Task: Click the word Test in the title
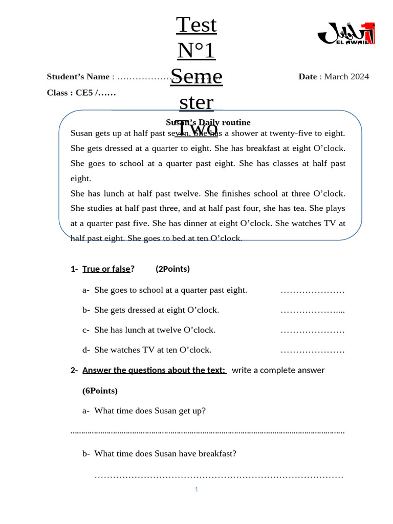coord(196,25)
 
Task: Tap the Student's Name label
coord(78,77)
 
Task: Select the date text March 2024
coord(346,77)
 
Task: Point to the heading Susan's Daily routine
coord(208,122)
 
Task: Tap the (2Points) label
coord(172,269)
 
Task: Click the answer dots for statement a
coord(312,291)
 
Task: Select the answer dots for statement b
coord(312,311)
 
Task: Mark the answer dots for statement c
coord(312,331)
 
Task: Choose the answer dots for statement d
coord(312,351)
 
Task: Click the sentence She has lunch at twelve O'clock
coord(155,330)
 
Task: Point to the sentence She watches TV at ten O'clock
coord(152,350)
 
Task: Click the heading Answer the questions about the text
coord(154,370)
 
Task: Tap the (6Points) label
coord(100,391)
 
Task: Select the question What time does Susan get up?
coord(150,411)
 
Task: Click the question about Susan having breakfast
coord(165,454)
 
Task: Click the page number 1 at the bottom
coord(196,490)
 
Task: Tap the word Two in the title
coord(197,129)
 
